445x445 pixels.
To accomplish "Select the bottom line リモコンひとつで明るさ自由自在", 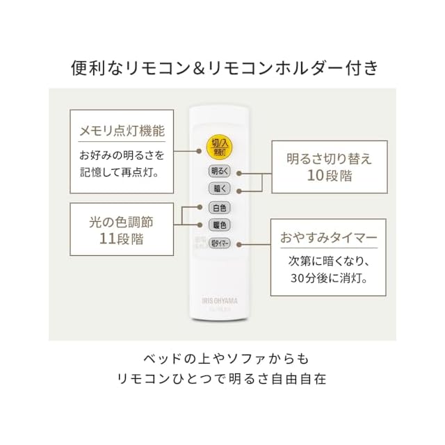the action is click(222, 380).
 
